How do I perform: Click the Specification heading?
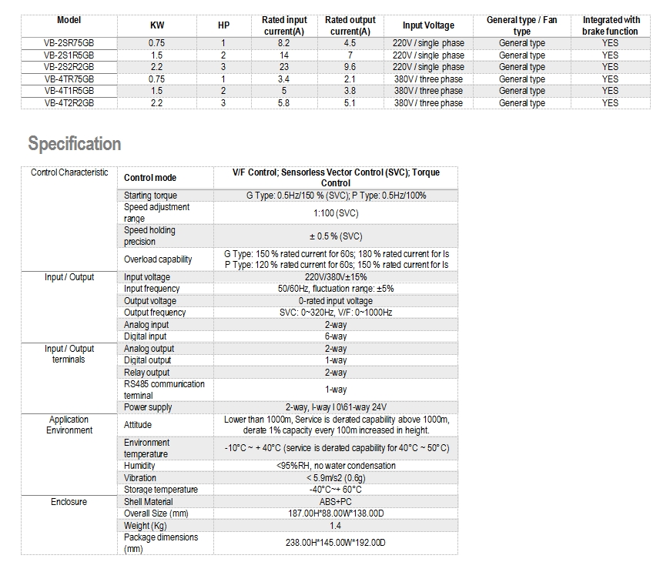point(75,144)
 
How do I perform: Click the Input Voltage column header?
point(428,25)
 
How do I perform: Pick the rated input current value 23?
point(283,67)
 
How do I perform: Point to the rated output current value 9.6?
point(350,67)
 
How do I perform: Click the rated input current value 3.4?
point(283,79)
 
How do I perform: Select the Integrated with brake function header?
point(610,25)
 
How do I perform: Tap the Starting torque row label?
point(150,196)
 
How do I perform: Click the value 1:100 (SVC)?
point(336,213)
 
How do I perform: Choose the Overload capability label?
point(158,259)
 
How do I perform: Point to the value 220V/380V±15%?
point(336,277)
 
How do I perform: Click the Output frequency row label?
point(155,313)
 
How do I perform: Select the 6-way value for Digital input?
point(336,336)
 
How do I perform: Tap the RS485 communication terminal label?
point(164,390)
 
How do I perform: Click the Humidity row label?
point(139,466)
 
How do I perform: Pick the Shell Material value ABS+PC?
point(336,501)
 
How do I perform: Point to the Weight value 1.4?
point(336,525)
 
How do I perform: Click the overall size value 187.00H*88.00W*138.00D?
point(336,513)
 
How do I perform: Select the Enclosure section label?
point(69,502)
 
